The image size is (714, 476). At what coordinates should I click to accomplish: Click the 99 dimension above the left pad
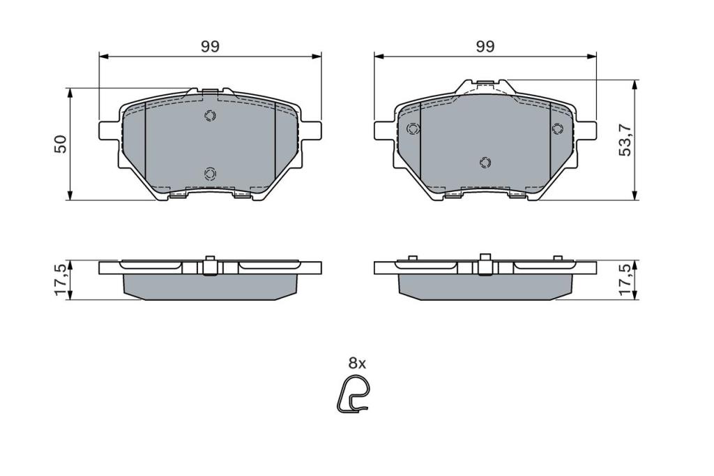(x=211, y=47)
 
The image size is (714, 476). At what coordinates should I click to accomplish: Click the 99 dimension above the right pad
(x=485, y=47)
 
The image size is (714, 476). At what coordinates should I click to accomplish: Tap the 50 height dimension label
(x=61, y=144)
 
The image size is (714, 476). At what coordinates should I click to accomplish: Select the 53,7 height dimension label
(x=625, y=140)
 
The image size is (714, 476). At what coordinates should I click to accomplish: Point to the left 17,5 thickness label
(x=61, y=279)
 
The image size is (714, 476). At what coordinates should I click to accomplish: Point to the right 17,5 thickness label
(x=625, y=279)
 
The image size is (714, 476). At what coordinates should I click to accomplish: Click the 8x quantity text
(x=357, y=364)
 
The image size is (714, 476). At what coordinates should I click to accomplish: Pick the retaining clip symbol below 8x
(x=354, y=395)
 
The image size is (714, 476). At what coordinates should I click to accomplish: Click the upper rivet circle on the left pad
(x=210, y=116)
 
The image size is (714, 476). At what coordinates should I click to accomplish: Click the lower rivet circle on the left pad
(x=210, y=173)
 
